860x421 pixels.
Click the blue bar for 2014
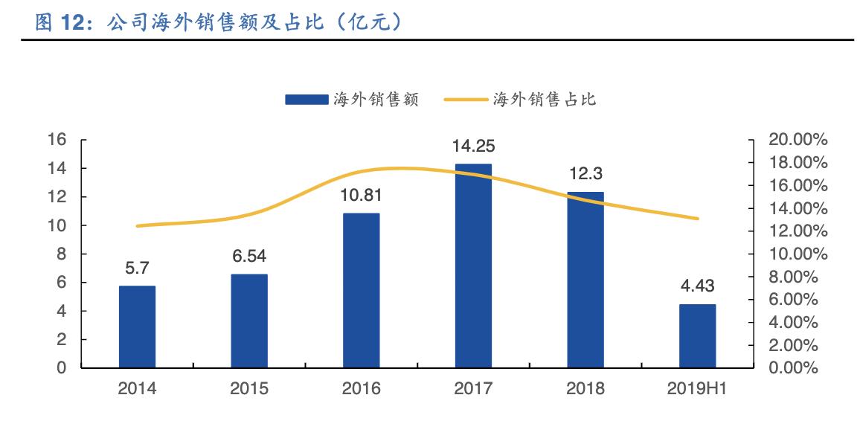click(137, 327)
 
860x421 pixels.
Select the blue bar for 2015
click(249, 321)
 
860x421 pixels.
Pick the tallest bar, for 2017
click(473, 266)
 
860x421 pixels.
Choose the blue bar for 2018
click(585, 280)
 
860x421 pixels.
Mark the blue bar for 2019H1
click(698, 335)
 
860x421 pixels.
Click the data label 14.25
click(474, 146)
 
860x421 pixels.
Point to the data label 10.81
click(362, 196)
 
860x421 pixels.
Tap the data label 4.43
click(698, 286)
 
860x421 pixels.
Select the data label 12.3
click(586, 174)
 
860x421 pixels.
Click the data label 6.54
click(249, 257)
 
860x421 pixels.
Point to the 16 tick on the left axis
click(58, 140)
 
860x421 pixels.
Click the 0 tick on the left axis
click(62, 368)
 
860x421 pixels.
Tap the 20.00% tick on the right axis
click(797, 140)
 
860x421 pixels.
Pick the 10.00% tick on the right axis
click(797, 254)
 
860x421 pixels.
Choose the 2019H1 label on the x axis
click(698, 389)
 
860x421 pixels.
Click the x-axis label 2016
click(361, 389)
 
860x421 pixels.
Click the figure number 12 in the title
click(71, 23)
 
